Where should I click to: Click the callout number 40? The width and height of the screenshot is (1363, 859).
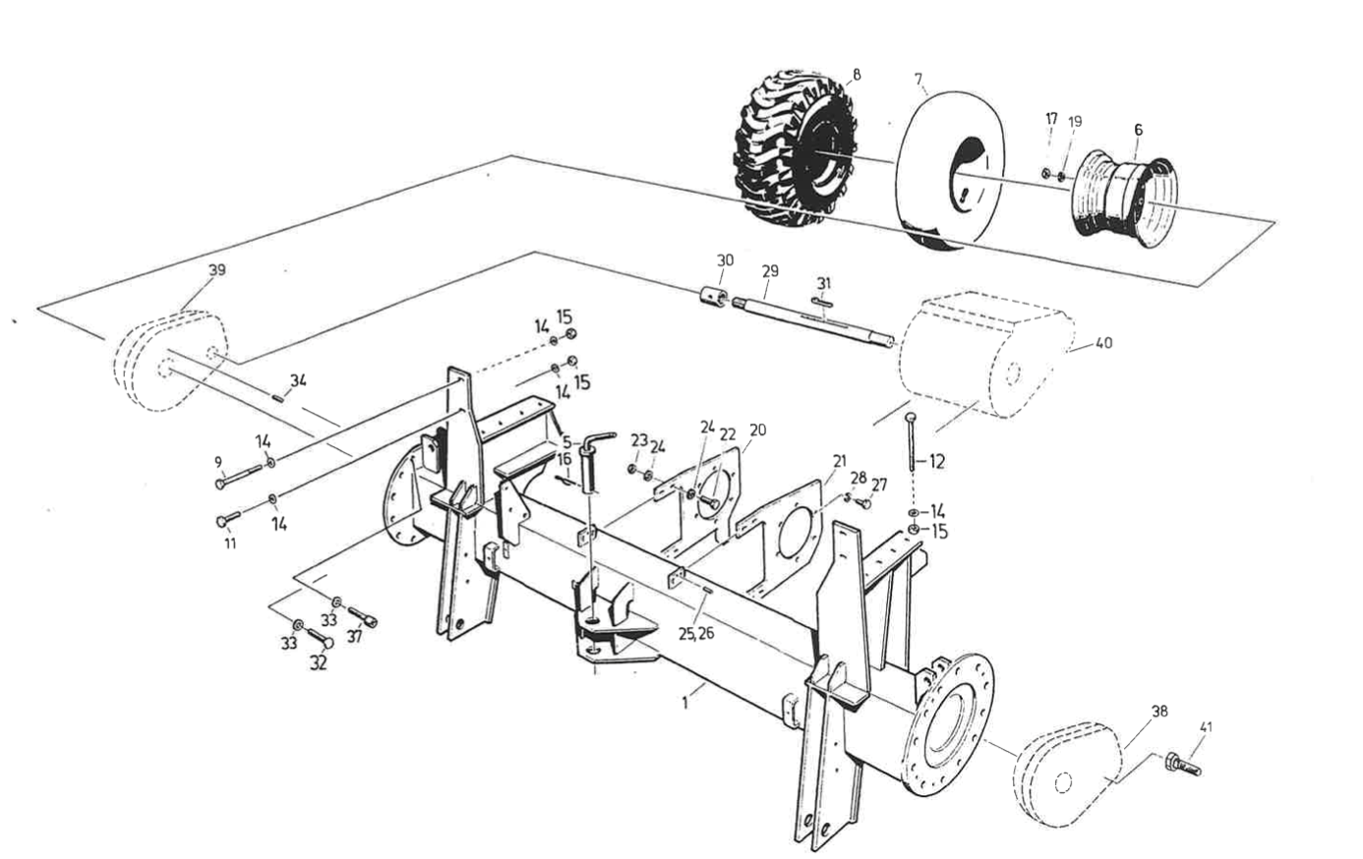1103,344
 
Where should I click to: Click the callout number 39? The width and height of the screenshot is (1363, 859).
216,270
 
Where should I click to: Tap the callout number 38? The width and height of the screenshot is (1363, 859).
1159,712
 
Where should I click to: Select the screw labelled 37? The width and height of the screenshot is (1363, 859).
363,616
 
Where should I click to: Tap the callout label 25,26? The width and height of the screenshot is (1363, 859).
694,634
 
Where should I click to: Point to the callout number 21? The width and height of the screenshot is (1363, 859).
839,460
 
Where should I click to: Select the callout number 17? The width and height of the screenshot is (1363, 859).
1050,119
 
